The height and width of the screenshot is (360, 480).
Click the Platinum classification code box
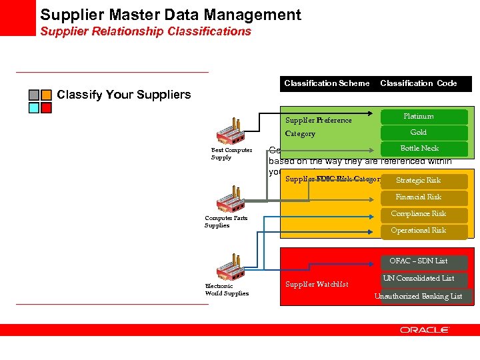pyautogui.click(x=419, y=117)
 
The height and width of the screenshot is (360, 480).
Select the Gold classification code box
pyautogui.click(x=419, y=133)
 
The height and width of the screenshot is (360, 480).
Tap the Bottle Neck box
pyautogui.click(x=419, y=149)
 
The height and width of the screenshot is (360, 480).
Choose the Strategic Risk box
pyautogui.click(x=419, y=181)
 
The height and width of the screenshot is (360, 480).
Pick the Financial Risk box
pyautogui.click(x=419, y=197)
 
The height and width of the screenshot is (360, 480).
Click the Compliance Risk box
pyautogui.click(x=419, y=214)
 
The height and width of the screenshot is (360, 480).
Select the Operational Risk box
pyautogui.click(x=419, y=231)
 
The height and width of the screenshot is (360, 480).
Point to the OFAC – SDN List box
pyautogui.click(x=419, y=261)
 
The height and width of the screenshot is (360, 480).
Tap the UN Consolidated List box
pyautogui.click(x=419, y=279)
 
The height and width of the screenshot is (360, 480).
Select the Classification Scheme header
pyautogui.click(x=327, y=83)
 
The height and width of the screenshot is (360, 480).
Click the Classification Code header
pyautogui.click(x=419, y=83)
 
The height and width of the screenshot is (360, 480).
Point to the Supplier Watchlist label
pyautogui.click(x=317, y=285)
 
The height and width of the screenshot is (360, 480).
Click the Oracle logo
pyautogui.click(x=425, y=330)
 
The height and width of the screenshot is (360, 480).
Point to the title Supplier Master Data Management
pyautogui.click(x=171, y=15)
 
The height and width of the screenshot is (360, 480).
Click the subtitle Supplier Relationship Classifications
pyautogui.click(x=145, y=31)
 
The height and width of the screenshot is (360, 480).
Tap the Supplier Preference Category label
pyautogui.click(x=318, y=127)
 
